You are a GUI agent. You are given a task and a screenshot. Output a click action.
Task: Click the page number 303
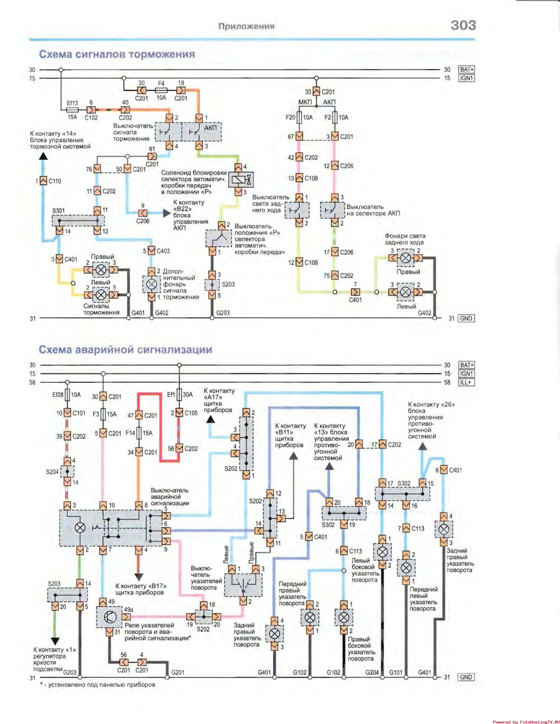(x=463, y=25)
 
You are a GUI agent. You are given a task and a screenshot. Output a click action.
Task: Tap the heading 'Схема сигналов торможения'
(x=117, y=54)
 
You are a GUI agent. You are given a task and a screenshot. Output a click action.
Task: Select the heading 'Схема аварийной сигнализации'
(x=125, y=350)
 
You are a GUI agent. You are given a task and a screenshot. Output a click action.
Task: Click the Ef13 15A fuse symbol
(x=73, y=110)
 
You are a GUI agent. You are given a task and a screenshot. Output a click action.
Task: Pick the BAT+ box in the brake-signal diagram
(x=466, y=70)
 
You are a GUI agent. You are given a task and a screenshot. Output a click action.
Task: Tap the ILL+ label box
(x=466, y=382)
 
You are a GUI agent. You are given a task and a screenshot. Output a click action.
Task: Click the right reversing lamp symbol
(x=405, y=258)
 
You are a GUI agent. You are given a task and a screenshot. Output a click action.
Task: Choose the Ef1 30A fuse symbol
(x=179, y=395)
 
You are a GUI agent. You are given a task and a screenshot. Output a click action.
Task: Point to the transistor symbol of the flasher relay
(x=110, y=617)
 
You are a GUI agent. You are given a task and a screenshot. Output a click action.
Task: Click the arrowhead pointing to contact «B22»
(x=167, y=213)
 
